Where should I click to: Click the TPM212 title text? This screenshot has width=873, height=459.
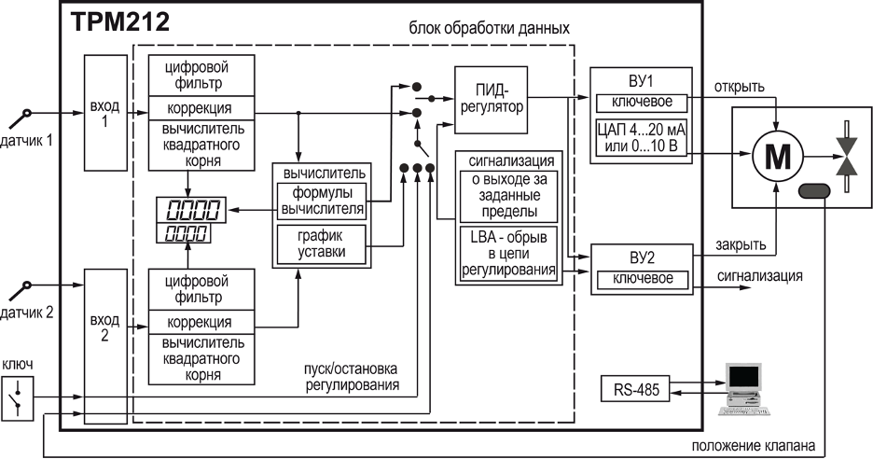pyautogui.click(x=119, y=22)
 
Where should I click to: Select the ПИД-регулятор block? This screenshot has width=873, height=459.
pyautogui.click(x=491, y=100)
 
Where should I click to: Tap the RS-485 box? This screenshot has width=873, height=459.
pyautogui.click(x=635, y=388)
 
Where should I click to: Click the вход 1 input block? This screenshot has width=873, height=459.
pyautogui.click(x=105, y=113)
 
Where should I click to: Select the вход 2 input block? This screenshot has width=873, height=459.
pyautogui.click(x=105, y=346)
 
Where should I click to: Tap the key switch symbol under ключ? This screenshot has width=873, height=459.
pyautogui.click(x=18, y=396)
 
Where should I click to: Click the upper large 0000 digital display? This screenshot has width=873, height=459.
pyautogui.click(x=191, y=210)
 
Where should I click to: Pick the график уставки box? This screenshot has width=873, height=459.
pyautogui.click(x=321, y=244)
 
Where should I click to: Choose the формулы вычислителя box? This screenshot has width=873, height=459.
pyautogui.click(x=322, y=202)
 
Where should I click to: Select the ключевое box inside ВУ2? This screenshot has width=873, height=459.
pyautogui.click(x=643, y=279)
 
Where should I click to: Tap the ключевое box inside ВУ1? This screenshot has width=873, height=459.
pyautogui.click(x=642, y=103)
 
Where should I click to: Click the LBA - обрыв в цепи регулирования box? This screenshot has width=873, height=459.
pyautogui.click(x=508, y=254)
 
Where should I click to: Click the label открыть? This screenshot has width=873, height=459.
pyautogui.click(x=739, y=87)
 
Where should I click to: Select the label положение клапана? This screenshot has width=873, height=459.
pyautogui.click(x=754, y=446)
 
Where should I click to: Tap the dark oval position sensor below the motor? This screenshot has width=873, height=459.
pyautogui.click(x=814, y=191)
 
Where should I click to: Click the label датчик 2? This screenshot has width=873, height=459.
pyautogui.click(x=26, y=313)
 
